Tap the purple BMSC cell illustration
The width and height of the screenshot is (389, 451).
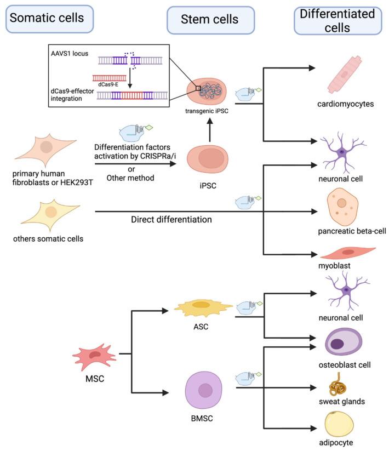205,391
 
